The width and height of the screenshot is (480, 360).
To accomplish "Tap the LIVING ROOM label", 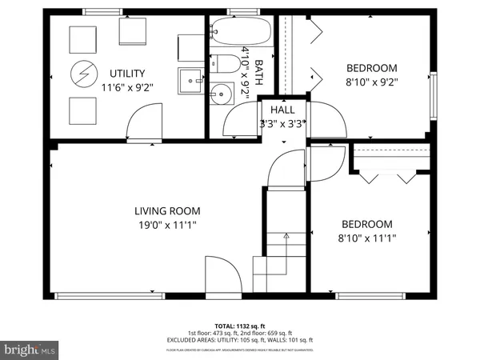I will point(167,211).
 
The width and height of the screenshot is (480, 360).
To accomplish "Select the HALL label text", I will point(282,110).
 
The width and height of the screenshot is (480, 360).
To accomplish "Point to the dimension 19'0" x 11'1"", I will point(167,225).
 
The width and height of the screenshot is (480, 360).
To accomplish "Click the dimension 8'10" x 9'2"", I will point(371,81).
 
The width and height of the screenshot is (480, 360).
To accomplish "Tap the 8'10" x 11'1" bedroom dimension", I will point(367,238).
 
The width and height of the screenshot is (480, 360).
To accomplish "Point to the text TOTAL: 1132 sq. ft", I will point(240,326).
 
